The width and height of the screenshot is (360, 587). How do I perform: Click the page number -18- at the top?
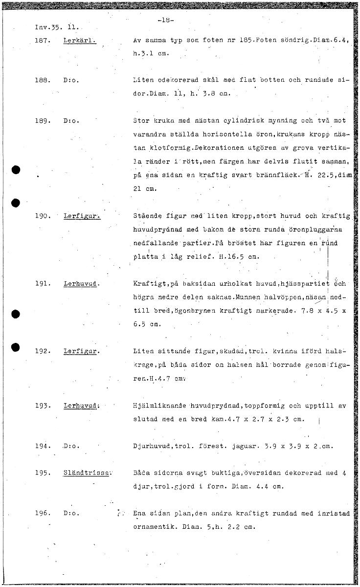(166, 21)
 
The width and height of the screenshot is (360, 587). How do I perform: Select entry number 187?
(43, 42)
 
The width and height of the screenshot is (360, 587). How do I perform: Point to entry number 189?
(43, 120)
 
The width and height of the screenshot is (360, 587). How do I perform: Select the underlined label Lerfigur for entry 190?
(81, 216)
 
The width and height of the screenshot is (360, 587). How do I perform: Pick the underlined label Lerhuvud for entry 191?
(81, 284)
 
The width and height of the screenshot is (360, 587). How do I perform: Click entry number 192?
(43, 351)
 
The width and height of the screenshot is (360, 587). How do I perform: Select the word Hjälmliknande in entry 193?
(158, 406)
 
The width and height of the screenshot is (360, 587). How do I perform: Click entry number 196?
(43, 514)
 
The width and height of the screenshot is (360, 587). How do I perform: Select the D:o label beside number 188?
(71, 79)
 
